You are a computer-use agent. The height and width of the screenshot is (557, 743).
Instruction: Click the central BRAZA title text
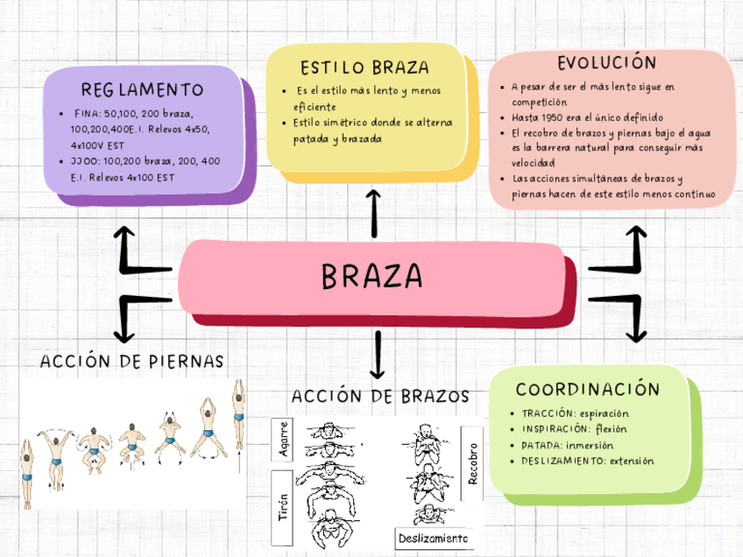coord(371,277)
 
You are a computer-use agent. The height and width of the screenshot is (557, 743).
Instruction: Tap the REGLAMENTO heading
coord(142,89)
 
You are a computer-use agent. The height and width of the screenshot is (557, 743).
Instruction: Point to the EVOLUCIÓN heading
coord(606,63)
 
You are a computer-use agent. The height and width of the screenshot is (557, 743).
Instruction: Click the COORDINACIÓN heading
coord(587,389)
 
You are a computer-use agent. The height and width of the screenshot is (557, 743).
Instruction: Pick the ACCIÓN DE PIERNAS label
coord(132,361)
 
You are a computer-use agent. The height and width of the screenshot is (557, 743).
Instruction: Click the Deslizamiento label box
coord(433,537)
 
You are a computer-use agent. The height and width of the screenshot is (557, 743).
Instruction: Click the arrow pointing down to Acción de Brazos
coord(379,355)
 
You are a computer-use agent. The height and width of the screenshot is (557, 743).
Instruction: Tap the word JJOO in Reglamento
coord(86,161)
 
